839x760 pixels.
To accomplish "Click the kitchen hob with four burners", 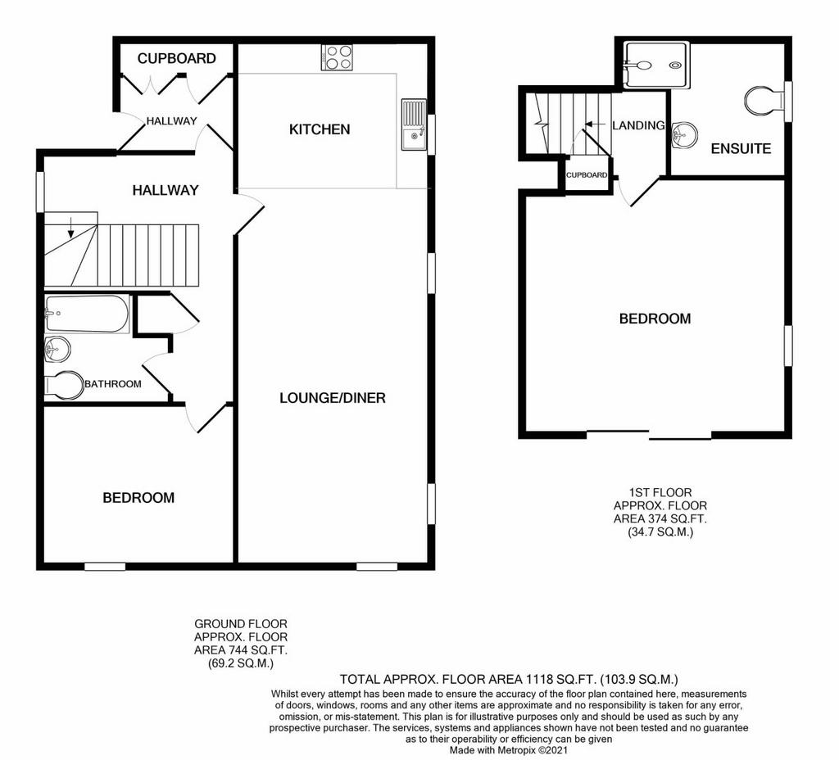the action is (x=337, y=57).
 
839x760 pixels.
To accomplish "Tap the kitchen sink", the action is (x=414, y=124).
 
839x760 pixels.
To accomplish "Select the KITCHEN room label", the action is (x=320, y=129).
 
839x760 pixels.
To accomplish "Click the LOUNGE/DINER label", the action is (x=333, y=398).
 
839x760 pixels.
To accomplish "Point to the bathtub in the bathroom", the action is (x=87, y=314).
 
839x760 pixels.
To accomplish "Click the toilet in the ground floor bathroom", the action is (x=64, y=385).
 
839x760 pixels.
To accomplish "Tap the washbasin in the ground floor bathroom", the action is (x=57, y=350).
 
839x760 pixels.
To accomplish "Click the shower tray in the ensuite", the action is (x=657, y=66).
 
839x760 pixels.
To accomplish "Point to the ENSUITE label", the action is (x=741, y=149).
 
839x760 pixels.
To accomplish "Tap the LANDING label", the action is (x=638, y=125).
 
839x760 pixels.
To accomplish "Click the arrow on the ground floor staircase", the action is (x=70, y=228).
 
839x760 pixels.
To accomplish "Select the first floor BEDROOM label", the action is (x=655, y=319).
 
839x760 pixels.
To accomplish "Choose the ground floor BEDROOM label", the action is (x=138, y=498).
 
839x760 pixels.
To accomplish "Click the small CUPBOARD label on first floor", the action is (x=587, y=175).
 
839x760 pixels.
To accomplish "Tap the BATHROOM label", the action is (x=113, y=384).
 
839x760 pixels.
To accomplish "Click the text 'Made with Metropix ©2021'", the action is (x=508, y=750).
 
